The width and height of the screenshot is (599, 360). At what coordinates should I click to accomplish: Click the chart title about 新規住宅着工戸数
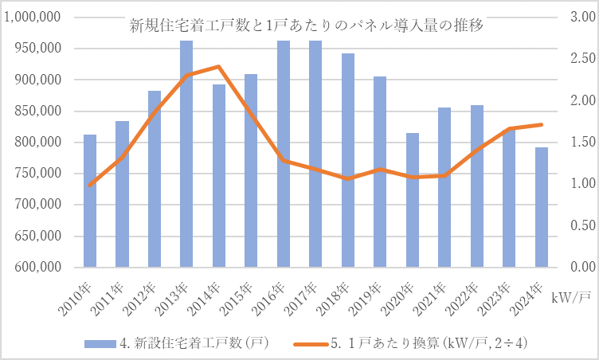click(x=307, y=25)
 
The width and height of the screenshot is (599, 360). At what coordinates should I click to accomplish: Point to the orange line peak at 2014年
click(x=218, y=67)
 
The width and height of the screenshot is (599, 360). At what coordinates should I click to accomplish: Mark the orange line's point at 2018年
click(x=347, y=179)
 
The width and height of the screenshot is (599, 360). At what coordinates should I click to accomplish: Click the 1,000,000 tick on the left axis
click(x=34, y=18)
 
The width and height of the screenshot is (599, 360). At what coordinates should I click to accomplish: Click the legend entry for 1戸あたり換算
click(x=426, y=343)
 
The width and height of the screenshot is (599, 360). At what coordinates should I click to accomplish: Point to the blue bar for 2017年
click(x=315, y=154)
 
